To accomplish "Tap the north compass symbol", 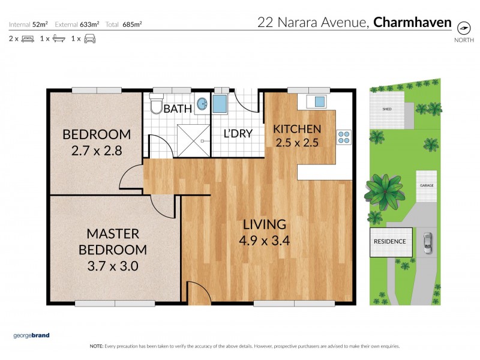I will [x=463, y=28].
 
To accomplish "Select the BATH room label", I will [x=178, y=109].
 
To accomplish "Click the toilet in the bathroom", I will [x=156, y=105].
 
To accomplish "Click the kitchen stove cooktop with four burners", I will [x=344, y=137].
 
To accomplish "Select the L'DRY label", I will [x=238, y=133].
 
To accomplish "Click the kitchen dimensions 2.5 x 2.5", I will [x=297, y=143].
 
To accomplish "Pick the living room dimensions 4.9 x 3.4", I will [x=264, y=240].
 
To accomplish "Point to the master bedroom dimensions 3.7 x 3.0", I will [x=113, y=265].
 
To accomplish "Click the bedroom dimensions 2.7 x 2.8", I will [x=97, y=151].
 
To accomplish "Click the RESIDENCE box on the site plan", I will [x=390, y=241].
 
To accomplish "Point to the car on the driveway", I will [x=427, y=241].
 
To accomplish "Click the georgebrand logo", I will [x=32, y=336].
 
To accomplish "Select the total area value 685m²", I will [x=133, y=25].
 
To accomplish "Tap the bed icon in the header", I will [x=28, y=39].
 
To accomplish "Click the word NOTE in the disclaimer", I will [x=96, y=346].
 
